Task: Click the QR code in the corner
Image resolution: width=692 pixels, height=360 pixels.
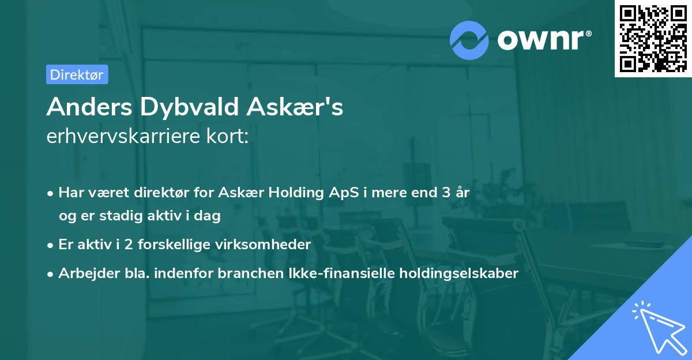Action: [653, 39]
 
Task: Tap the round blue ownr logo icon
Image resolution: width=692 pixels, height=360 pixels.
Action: [469, 40]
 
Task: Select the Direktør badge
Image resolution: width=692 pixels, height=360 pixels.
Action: [77, 74]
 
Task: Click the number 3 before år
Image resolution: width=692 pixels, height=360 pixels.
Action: [446, 193]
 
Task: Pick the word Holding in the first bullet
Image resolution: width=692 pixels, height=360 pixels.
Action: [296, 193]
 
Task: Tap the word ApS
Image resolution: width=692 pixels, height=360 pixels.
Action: [343, 193]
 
